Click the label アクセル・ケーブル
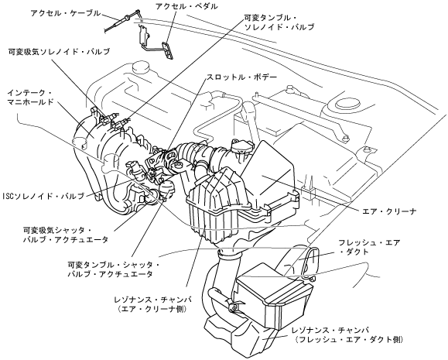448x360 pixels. (66, 13)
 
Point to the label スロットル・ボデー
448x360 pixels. (241, 77)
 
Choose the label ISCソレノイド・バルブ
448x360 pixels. (43, 196)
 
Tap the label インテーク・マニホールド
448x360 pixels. (31, 98)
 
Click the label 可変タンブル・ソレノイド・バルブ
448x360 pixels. (279, 22)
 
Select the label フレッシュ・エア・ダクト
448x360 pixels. (369, 247)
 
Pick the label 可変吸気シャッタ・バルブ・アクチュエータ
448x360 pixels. (66, 235)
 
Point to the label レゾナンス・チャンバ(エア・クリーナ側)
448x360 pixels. (152, 304)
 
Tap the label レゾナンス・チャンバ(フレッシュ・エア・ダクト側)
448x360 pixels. (348, 334)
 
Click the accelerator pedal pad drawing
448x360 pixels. (168, 50)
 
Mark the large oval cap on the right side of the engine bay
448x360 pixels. (348, 104)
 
